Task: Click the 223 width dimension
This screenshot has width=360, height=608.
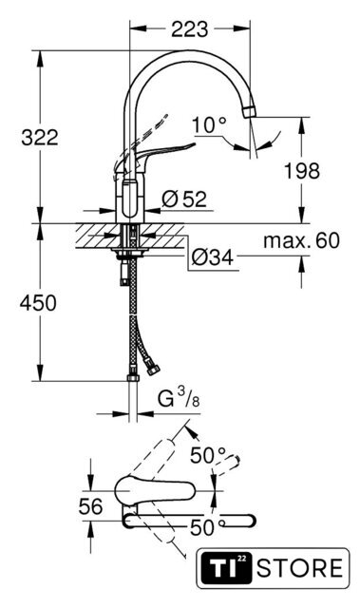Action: pos(189,29)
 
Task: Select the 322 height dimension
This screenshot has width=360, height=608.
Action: pos(40,138)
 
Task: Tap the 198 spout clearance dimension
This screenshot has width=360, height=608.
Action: pos(302,171)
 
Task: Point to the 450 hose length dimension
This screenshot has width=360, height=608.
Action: pos(38,303)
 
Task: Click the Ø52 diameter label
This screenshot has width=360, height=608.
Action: pos(184,199)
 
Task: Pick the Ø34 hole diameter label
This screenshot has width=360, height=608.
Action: pos(213,257)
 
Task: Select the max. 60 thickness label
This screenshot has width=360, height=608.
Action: pos(301,240)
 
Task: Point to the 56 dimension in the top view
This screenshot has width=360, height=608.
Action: pos(90,506)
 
